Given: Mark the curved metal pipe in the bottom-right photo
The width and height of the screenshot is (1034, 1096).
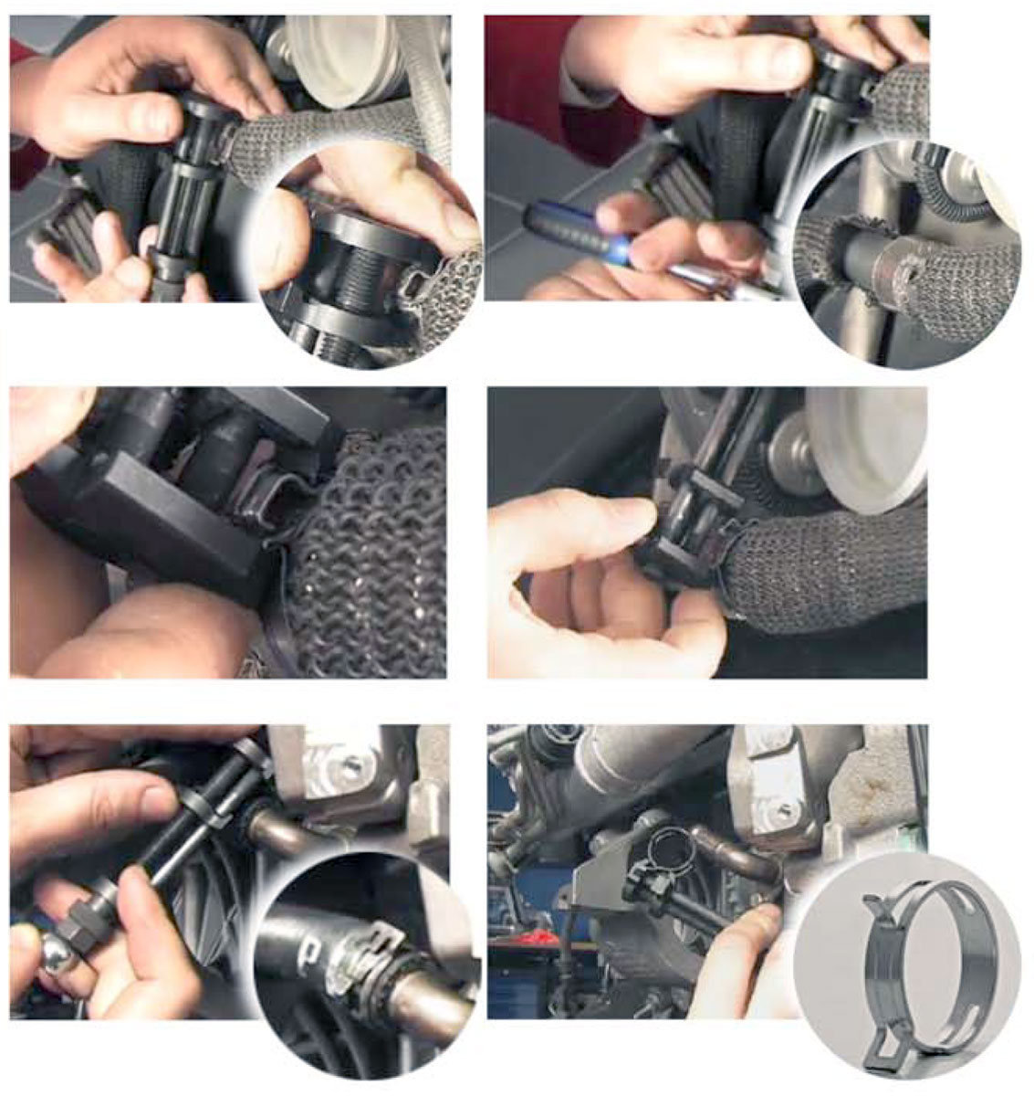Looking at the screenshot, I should pyautogui.click(x=730, y=849).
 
